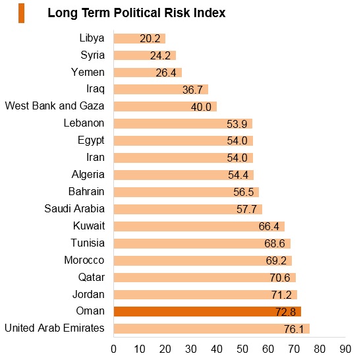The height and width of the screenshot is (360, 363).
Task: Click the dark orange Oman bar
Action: pos(208,312)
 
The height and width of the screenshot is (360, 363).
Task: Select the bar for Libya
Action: pos(140,38)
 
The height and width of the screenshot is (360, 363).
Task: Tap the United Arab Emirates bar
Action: pos(211,329)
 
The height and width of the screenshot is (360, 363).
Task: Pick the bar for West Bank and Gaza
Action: pos(165,107)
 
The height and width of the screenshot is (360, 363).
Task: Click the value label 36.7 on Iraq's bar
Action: pos(192,90)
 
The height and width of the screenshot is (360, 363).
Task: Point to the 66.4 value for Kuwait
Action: pos(269,226)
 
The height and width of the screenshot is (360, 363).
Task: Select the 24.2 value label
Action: pos(160,55)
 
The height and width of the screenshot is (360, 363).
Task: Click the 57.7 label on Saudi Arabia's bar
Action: pos(246,209)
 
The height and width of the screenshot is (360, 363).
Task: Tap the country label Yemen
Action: pos(88,72)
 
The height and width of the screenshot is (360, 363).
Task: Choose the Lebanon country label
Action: pos(84,123)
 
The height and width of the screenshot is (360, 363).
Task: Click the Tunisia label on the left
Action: pos(88,243)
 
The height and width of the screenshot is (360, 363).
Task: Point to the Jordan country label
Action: pos(88,295)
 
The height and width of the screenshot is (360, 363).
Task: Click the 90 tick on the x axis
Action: pos(345,349)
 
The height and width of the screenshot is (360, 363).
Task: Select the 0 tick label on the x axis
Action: pos(114,349)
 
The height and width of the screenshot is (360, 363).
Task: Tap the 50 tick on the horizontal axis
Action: pos(242,349)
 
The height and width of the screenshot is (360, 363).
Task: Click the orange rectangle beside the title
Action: pos(22,13)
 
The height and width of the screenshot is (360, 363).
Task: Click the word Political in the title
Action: pos(138,13)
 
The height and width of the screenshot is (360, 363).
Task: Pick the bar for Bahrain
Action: pos(186,192)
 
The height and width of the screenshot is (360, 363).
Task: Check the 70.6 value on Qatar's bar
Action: pos(280,278)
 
